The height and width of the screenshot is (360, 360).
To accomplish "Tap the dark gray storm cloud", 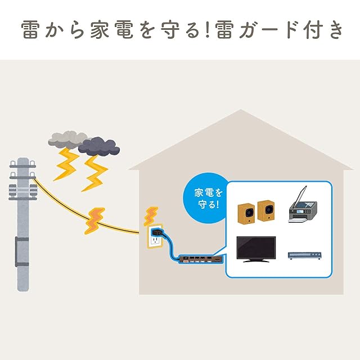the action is pyautogui.click(x=100, y=146).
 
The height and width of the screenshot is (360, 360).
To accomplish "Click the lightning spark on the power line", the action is pyautogui.click(x=94, y=220).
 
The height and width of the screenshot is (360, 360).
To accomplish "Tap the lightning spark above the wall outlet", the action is pyautogui.click(x=151, y=215).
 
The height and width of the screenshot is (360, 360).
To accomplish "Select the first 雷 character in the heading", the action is pyautogui.click(x=31, y=30).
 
